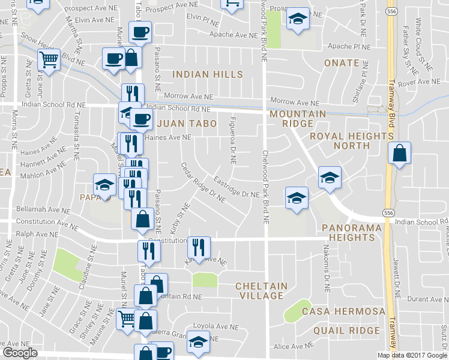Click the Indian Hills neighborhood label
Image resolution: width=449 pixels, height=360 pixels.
coord(208,74)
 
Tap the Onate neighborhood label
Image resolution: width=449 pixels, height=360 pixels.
coord(341,62)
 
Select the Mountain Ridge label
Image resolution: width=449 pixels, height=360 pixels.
coord(298,119)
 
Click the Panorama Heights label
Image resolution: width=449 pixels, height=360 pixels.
coord(348,232)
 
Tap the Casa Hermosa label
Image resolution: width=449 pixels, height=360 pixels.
coord(343,311)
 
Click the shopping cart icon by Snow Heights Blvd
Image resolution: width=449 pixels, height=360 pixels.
coord(49,59)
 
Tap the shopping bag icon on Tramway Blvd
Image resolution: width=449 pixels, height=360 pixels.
coord(399,154)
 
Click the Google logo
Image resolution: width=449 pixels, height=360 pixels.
coord(20,353)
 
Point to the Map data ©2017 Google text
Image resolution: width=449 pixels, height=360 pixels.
coord(413,355)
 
